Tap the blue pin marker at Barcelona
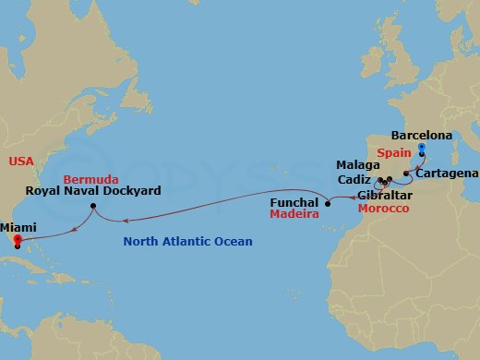[421, 148]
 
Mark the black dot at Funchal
[328, 203]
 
